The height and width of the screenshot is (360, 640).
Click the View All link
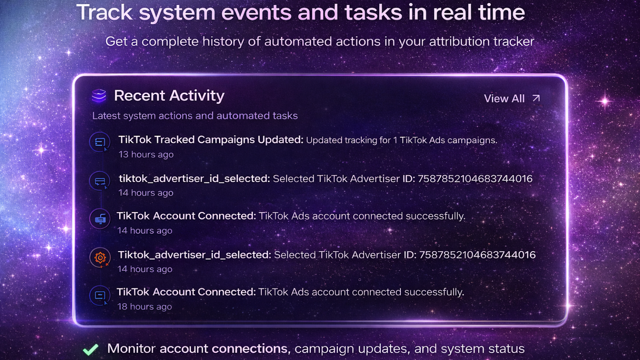504,98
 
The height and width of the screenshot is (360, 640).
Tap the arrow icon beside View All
536,98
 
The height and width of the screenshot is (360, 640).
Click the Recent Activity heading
169,96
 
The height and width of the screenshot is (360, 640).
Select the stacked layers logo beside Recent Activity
99,96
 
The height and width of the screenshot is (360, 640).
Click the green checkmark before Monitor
90,349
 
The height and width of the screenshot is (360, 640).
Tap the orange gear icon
100,258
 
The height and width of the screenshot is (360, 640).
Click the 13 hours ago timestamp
146,154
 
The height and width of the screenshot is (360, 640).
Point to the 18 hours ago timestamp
144,306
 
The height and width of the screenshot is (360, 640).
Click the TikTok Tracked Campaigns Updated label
211,140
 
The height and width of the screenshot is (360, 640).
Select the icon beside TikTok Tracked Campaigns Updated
100,142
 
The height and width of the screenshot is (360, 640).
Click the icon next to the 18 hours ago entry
100,296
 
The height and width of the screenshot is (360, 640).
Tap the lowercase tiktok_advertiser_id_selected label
194,178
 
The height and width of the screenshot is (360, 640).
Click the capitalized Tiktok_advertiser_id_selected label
194,255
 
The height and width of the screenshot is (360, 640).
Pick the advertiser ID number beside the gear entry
477,255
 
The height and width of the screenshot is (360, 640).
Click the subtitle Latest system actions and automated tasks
195,116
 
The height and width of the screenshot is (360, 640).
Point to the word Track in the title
104,12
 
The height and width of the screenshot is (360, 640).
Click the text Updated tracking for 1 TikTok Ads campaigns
402,140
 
